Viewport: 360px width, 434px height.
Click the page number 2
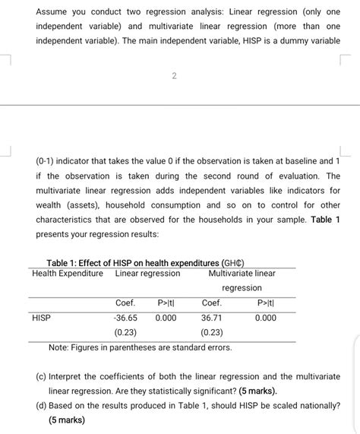(174, 75)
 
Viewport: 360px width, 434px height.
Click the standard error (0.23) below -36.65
(125, 332)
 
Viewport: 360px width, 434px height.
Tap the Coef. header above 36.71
(212, 303)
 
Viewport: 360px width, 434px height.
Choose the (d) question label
(41, 406)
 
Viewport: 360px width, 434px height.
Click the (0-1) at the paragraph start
(46, 161)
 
